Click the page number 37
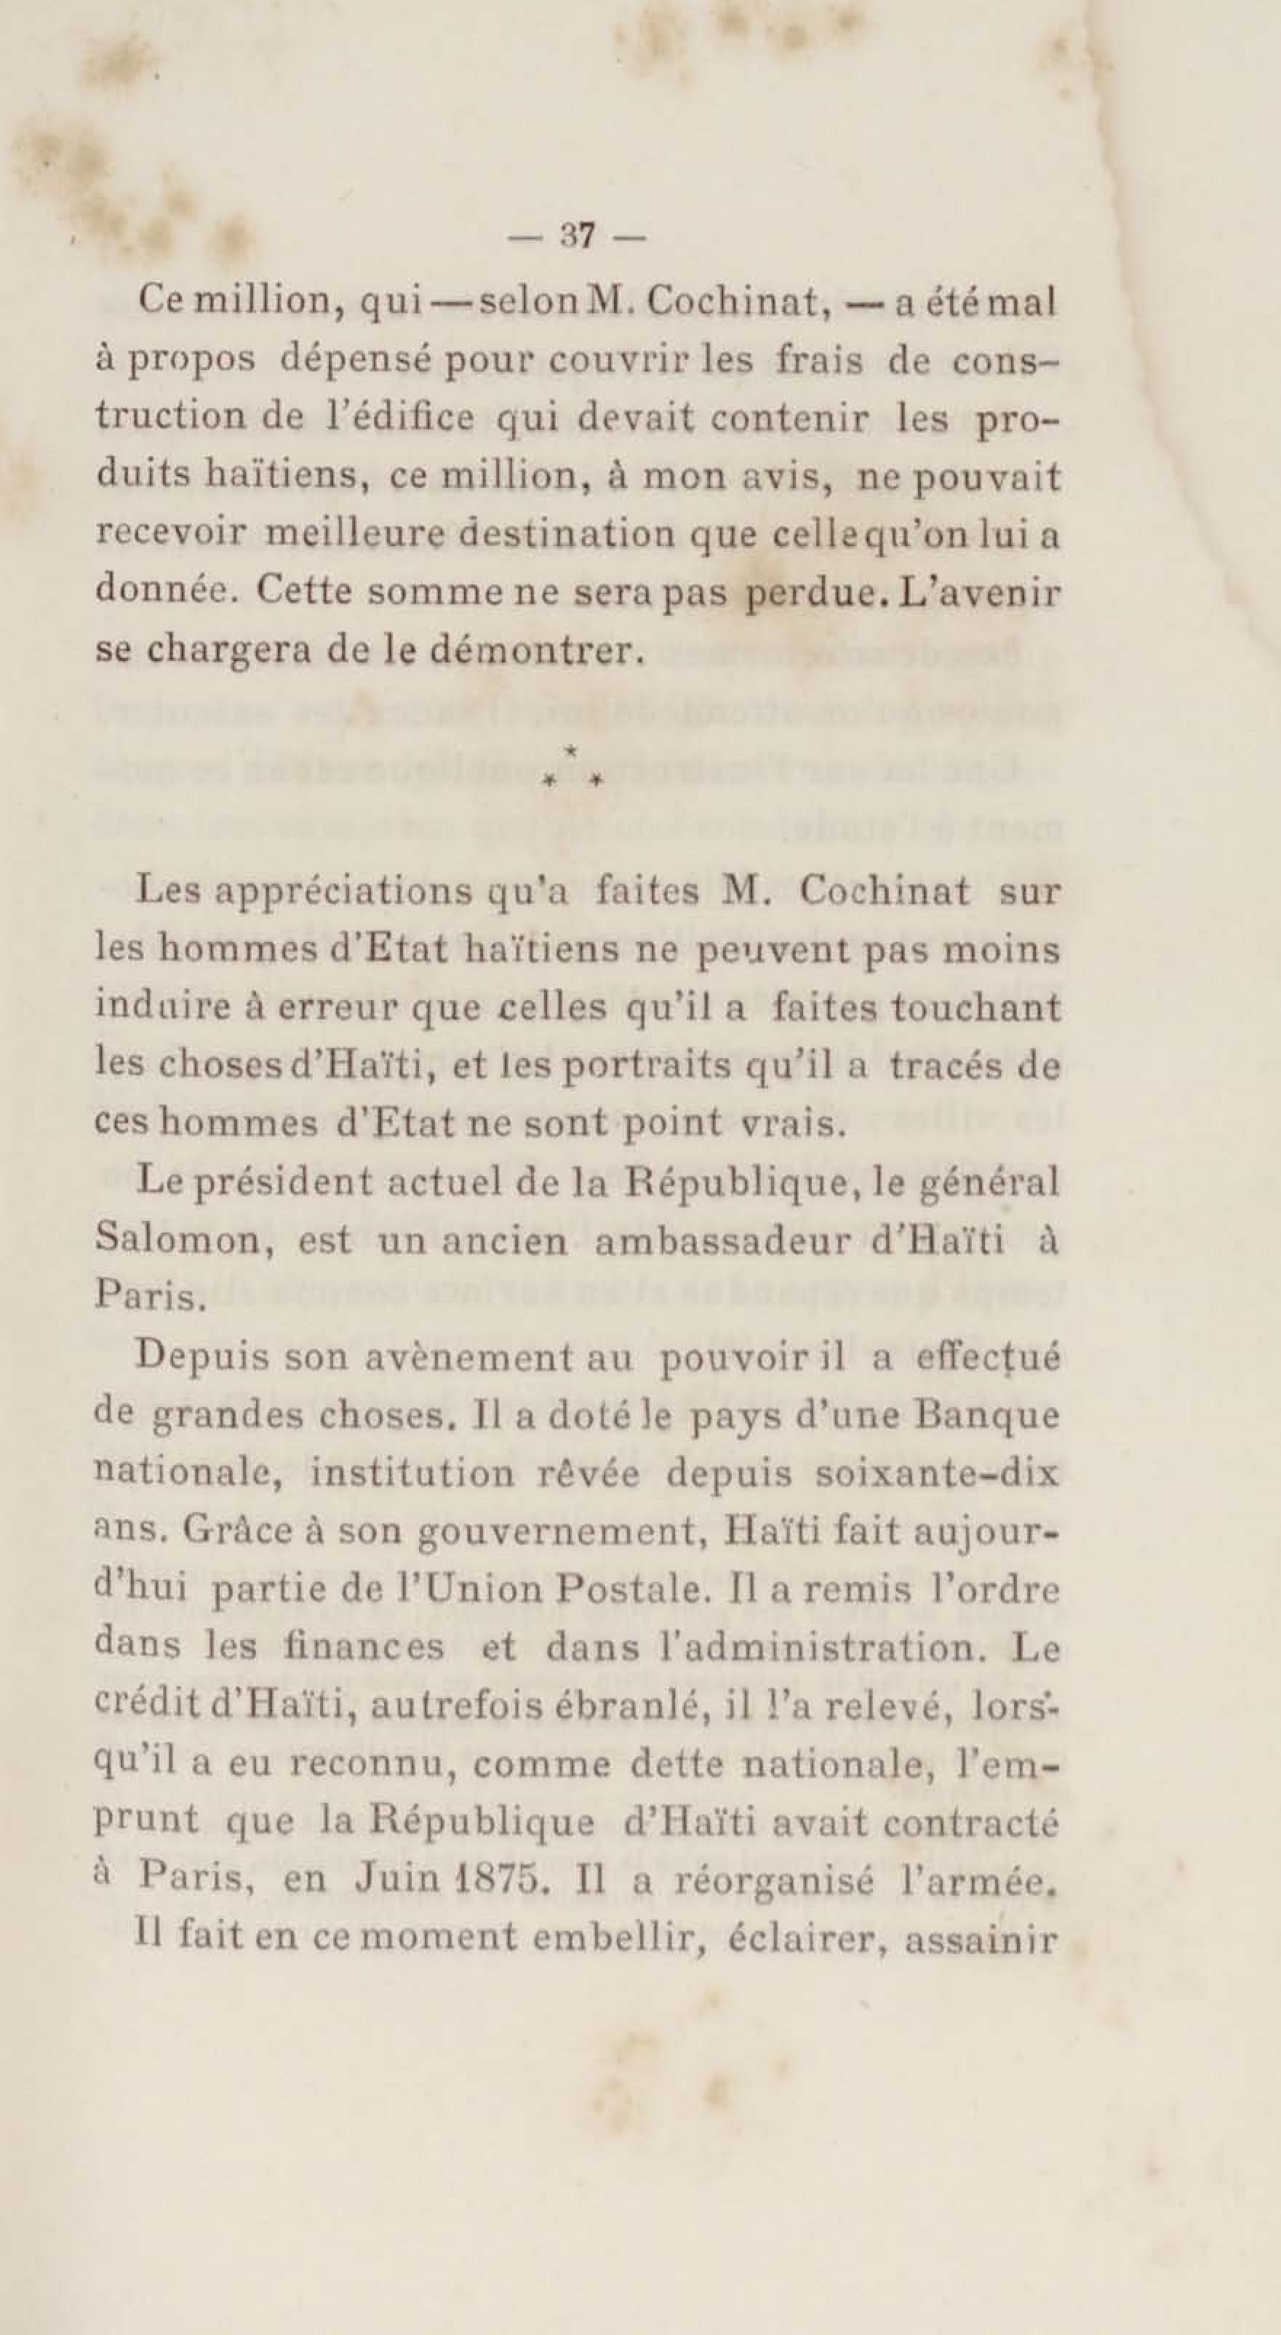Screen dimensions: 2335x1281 [x=577, y=236]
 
